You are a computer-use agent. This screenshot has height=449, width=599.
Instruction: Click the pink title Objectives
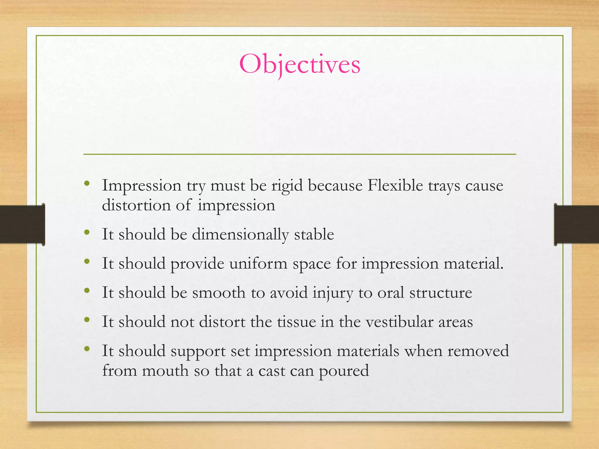(299, 64)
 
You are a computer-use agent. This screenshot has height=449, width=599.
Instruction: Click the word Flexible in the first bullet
(395, 185)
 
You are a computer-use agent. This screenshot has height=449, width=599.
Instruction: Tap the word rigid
(287, 186)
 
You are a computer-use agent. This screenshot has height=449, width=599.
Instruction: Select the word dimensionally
(240, 235)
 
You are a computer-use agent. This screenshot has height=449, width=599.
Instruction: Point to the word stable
(314, 234)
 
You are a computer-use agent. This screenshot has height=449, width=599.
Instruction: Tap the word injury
(333, 293)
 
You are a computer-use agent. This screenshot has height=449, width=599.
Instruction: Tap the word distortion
(136, 205)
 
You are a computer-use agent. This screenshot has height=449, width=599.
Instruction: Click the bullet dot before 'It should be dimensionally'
(87, 233)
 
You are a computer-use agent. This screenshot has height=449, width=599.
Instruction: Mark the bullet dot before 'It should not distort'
(87, 320)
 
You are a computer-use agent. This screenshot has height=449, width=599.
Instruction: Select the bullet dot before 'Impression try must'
(87, 184)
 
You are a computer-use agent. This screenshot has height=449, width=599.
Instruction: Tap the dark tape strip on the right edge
(576, 224)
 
